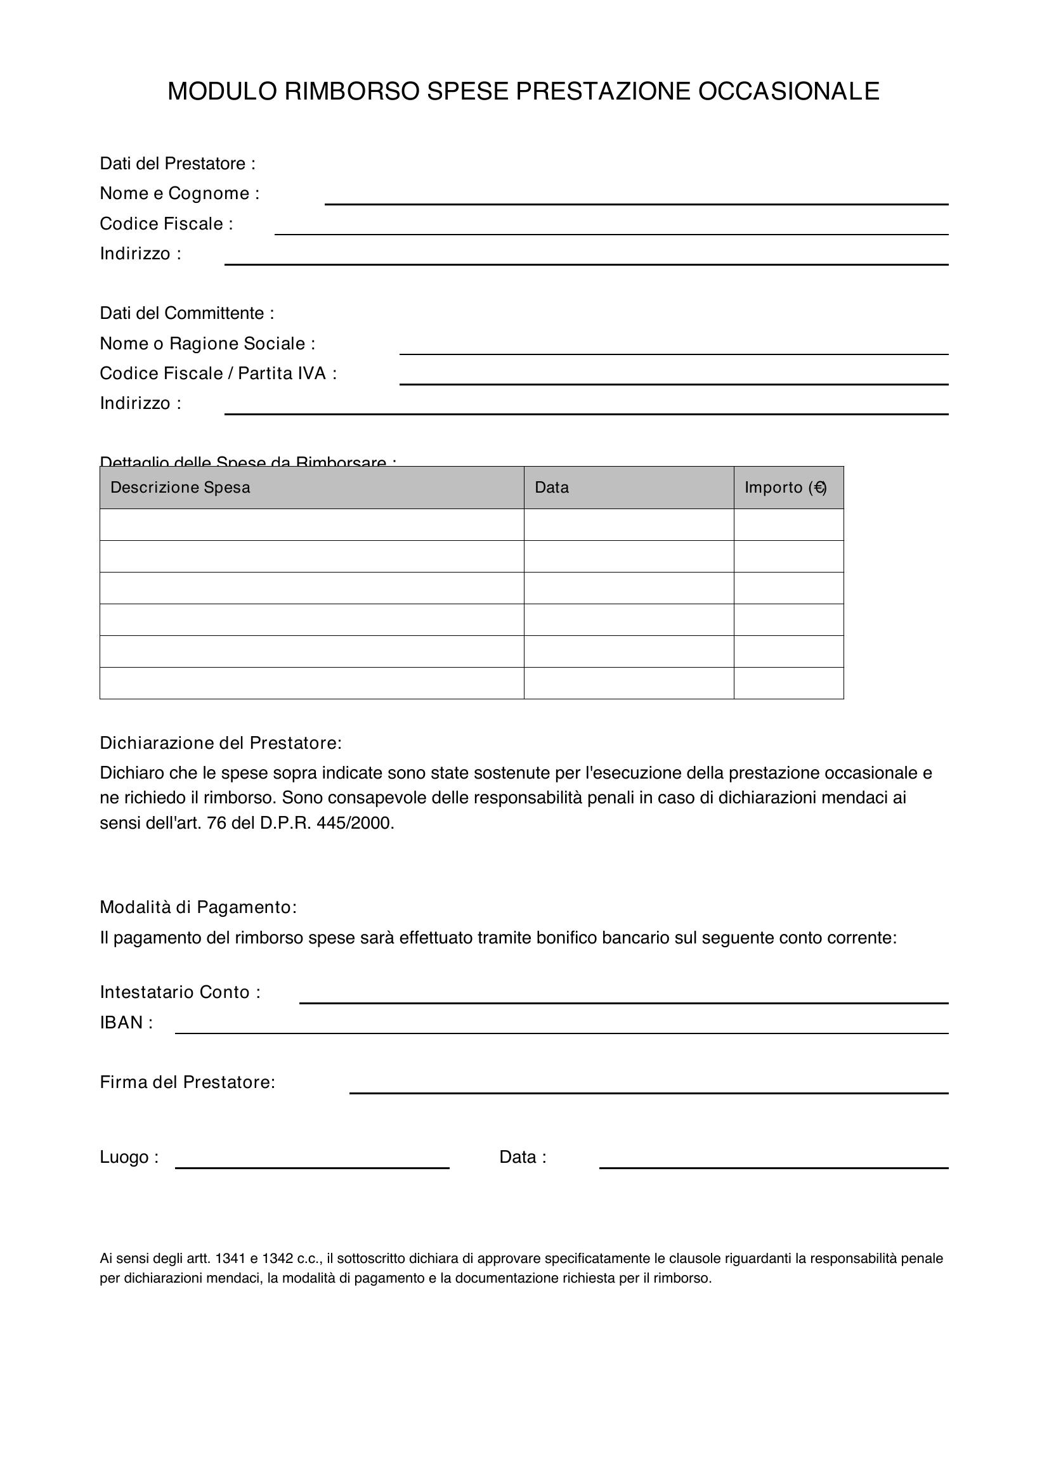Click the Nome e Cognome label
click(x=179, y=193)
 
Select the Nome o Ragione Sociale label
click(x=207, y=343)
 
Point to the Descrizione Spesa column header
click(x=180, y=487)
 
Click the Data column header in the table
click(x=552, y=487)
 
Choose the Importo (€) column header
click(x=785, y=487)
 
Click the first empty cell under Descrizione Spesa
click(x=311, y=524)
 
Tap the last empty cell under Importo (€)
click(x=788, y=683)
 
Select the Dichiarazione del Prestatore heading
click(x=220, y=743)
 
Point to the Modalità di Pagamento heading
click(x=198, y=907)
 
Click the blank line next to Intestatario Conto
click(x=623, y=999)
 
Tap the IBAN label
click(x=126, y=1023)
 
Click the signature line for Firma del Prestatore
click(x=648, y=1089)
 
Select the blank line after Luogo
click(x=311, y=1163)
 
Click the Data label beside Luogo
click(x=522, y=1157)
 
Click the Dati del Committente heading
click(x=186, y=313)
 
